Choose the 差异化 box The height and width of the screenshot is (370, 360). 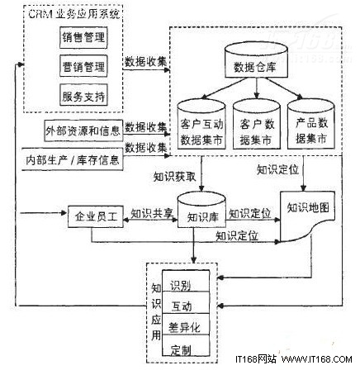point(185,326)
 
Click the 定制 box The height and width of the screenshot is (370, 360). point(185,348)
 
